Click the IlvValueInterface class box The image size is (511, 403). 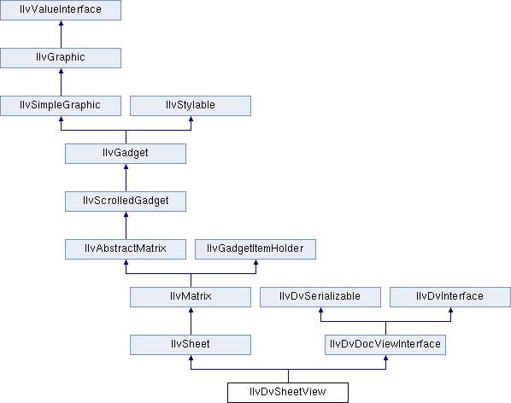[61, 10]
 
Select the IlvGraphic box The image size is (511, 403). [61, 58]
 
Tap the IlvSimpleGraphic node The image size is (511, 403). [61, 106]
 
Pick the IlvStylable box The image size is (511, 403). [191, 106]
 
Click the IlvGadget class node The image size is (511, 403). [126, 154]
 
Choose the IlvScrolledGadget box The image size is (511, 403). [126, 201]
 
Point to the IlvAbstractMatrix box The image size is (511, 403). [126, 249]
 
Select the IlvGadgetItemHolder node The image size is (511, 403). [255, 249]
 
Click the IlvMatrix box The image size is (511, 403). [191, 297]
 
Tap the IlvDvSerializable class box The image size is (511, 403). [320, 297]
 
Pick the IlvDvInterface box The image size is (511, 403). [450, 297]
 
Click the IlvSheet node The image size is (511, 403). [191, 345]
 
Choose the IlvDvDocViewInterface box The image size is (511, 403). [385, 345]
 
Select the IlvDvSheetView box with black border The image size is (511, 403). [288, 393]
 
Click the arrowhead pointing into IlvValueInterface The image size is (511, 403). [61, 23]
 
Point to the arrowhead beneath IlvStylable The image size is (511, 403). [191, 119]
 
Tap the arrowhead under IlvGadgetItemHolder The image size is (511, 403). [255, 262]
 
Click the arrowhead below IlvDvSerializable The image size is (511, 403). [320, 310]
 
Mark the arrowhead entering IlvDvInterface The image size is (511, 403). [450, 310]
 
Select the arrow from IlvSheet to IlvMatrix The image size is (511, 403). [191, 321]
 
